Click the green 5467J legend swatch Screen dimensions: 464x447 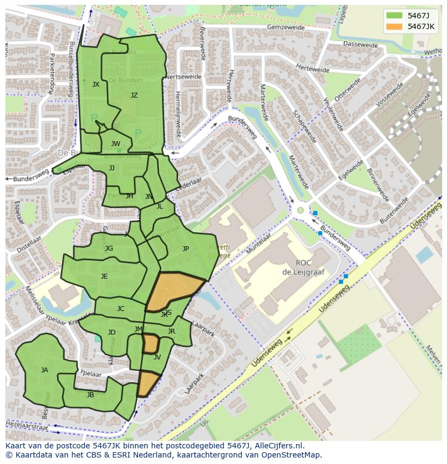tap(394, 15)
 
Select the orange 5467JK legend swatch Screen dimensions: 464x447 tap(394, 26)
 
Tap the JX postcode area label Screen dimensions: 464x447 tap(96, 85)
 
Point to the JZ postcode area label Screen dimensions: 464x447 tap(134, 95)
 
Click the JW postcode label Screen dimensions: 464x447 tap(116, 144)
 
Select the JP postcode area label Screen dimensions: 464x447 tap(186, 249)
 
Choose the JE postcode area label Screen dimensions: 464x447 tap(104, 276)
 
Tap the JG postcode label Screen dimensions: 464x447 tap(109, 248)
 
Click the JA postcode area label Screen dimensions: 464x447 tap(44, 370)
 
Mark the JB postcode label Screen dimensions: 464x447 tap(91, 395)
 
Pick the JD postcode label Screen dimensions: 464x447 tap(112, 333)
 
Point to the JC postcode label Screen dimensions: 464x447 tap(120, 309)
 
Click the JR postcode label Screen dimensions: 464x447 tap(171, 331)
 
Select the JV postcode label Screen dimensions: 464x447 tap(157, 357)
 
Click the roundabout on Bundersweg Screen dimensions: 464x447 tap(300, 210)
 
